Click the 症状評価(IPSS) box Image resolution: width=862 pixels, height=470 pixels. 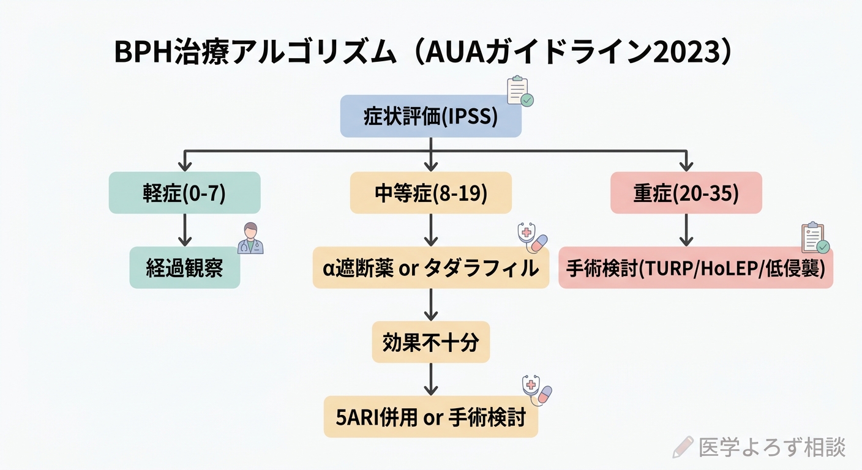pyautogui.click(x=430, y=116)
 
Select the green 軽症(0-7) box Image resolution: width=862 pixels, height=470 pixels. pyautogui.click(x=184, y=193)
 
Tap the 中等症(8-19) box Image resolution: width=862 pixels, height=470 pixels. pyautogui.click(x=430, y=193)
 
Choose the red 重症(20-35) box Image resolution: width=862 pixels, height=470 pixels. pyautogui.click(x=686, y=193)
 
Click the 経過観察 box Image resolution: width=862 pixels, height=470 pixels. pyautogui.click(x=184, y=268)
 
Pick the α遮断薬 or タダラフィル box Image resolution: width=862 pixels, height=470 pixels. pyautogui.click(x=430, y=268)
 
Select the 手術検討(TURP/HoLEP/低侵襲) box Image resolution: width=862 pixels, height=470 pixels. pyautogui.click(x=695, y=268)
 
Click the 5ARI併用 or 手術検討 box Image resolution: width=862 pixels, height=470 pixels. pyautogui.click(x=430, y=417)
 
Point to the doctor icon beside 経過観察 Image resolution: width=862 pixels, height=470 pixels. pyautogui.click(x=250, y=239)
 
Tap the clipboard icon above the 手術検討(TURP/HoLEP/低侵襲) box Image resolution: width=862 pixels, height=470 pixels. pyautogui.click(x=815, y=238)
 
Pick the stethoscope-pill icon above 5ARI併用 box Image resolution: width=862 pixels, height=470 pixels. pyautogui.click(x=536, y=390)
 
